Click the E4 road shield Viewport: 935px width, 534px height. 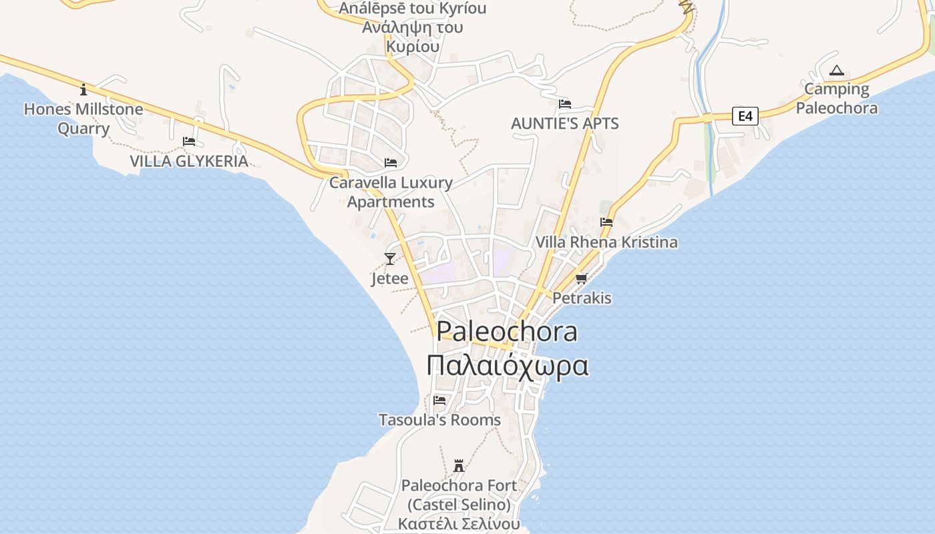click(x=745, y=116)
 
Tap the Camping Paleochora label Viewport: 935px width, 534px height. click(x=836, y=98)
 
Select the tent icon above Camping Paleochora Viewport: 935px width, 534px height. click(x=836, y=70)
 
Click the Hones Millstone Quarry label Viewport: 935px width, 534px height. click(x=83, y=118)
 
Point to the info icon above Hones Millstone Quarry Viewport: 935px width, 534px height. click(x=83, y=89)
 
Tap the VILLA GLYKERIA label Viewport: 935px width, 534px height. click(x=189, y=161)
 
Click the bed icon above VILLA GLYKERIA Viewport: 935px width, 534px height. click(x=189, y=142)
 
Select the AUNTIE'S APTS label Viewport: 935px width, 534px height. click(x=564, y=123)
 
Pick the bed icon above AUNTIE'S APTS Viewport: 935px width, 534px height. click(x=564, y=104)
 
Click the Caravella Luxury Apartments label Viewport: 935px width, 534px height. click(x=391, y=192)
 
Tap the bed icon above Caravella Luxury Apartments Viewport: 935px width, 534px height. click(x=391, y=163)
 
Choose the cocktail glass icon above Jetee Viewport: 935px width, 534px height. click(x=390, y=259)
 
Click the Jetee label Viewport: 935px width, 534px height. click(x=390, y=278)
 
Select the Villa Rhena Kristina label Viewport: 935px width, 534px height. click(x=606, y=242)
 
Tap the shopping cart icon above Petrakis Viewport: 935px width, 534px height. click(x=582, y=278)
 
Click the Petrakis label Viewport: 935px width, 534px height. click(x=582, y=298)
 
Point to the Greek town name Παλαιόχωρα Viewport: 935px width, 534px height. click(x=508, y=366)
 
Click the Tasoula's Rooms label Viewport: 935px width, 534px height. click(x=439, y=420)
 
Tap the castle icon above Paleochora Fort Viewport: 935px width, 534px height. click(x=459, y=465)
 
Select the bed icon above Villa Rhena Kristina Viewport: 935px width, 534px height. click(x=606, y=222)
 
